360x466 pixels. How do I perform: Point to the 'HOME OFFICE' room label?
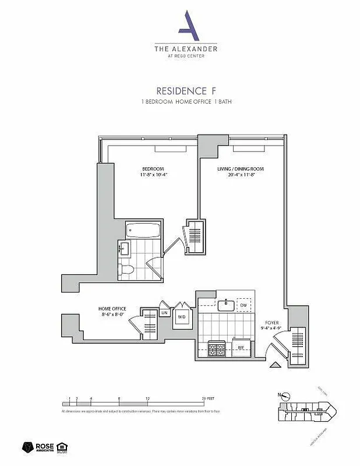pos(112,309)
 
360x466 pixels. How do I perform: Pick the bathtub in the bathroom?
pos(143,230)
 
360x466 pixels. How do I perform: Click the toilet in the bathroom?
pos(127,269)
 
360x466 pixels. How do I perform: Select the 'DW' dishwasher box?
pos(245,305)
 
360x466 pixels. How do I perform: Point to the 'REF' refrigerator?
pos(241,348)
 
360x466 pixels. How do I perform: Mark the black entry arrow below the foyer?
pos(276,365)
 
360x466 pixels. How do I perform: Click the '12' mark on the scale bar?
pos(148,398)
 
